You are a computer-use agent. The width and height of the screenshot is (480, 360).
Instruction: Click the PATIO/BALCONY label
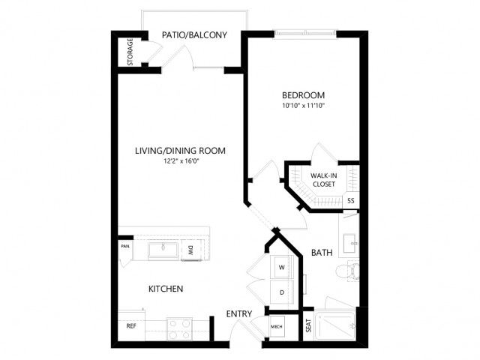coord(194,35)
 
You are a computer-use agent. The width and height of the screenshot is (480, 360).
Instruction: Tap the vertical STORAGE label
coord(130,52)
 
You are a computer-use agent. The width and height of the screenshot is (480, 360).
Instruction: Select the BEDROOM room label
coord(303,95)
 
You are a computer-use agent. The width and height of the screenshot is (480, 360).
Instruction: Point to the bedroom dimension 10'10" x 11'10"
coord(303,106)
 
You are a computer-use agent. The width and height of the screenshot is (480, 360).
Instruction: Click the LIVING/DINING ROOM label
coord(180,151)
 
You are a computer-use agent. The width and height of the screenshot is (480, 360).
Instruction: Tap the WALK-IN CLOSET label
coord(324,180)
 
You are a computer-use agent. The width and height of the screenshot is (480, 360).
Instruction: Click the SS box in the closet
coord(351,201)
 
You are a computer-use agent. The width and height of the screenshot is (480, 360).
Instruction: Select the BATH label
coord(322,253)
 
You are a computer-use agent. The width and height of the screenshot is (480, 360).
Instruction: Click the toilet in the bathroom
coord(347,270)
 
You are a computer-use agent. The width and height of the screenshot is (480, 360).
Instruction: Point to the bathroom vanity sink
coord(349,243)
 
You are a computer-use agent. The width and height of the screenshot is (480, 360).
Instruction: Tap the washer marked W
coord(282,267)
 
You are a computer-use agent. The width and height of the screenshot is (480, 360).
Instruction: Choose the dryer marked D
coord(282,292)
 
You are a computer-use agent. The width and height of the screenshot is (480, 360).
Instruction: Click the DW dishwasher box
coord(191,250)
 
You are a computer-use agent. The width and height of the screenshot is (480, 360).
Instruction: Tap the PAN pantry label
coord(125,246)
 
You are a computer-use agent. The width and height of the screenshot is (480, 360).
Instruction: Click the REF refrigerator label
coord(131,326)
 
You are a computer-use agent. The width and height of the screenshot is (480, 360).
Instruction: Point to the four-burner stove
coord(179,329)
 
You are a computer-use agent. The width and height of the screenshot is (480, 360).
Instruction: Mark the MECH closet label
coord(277,327)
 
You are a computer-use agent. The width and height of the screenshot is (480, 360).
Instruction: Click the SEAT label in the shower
coord(308,325)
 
